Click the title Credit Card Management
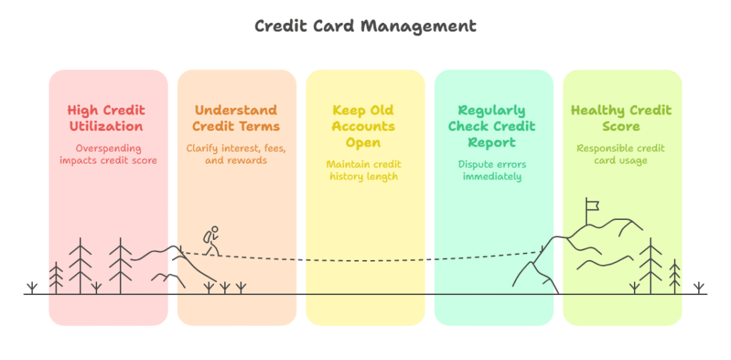tap(365, 26)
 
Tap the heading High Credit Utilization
tap(107, 119)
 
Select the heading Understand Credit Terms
tap(236, 119)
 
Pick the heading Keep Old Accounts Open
tap(363, 126)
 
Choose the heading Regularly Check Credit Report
tap(493, 126)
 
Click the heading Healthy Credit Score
tap(622, 119)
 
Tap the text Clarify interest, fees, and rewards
tap(236, 154)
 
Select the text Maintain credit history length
tap(363, 170)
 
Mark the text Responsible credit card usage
tap(621, 154)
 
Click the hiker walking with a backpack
tap(211, 241)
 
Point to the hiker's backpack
tap(206, 237)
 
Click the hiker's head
tap(214, 229)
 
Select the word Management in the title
tap(418, 27)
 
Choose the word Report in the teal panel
tap(493, 142)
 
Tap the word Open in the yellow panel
tap(363, 142)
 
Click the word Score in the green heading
tap(622, 126)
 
